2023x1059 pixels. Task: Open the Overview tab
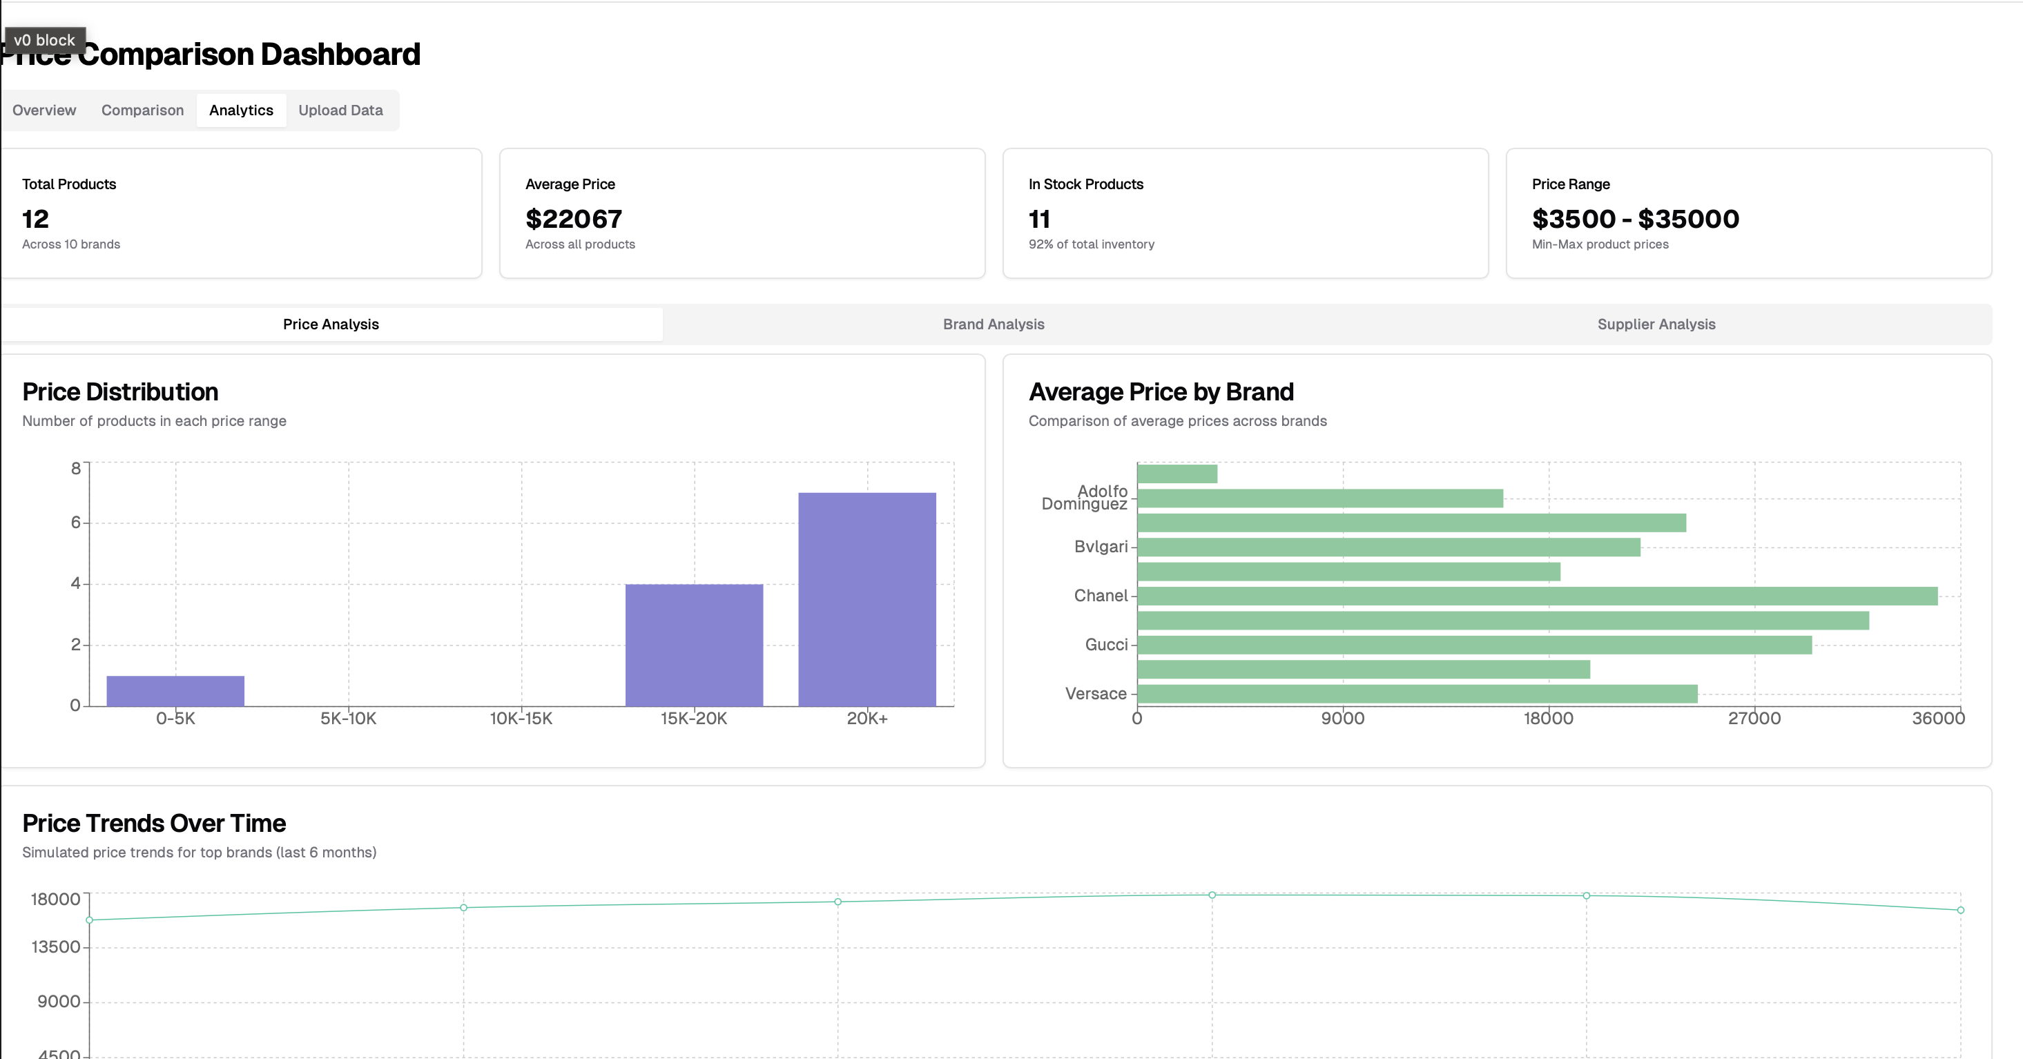[44, 110]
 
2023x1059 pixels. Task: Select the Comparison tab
[142, 110]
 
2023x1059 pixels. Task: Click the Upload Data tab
[340, 110]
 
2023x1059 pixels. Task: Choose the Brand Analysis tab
[993, 324]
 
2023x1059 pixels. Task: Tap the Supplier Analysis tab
[1656, 324]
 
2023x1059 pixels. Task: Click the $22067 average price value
[573, 219]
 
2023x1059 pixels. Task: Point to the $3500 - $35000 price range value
[1635, 219]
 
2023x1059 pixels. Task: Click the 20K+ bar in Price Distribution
[867, 599]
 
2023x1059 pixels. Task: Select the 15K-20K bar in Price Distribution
[693, 645]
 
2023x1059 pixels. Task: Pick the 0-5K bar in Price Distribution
[175, 691]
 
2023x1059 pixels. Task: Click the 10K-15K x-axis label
[521, 718]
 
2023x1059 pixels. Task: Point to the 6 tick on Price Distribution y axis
[75, 522]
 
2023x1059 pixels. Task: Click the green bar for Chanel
[1537, 596]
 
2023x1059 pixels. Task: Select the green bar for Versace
[1417, 694]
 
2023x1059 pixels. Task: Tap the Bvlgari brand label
[1101, 546]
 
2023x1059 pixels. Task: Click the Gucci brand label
[1105, 645]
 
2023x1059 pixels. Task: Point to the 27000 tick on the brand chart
[1754, 718]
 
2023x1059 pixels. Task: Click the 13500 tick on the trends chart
[56, 946]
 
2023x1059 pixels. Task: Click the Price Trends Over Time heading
[154, 823]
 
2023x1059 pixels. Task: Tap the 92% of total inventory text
[1091, 244]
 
